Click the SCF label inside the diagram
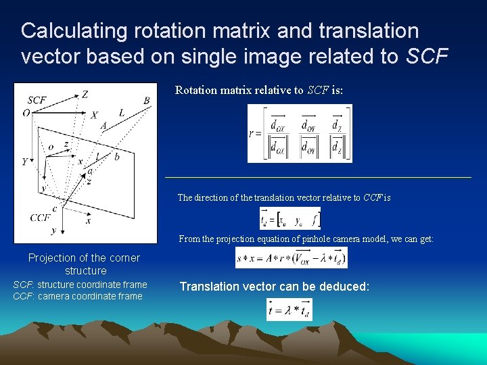(x=37, y=100)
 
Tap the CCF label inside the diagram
(x=40, y=218)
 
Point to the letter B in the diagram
(x=147, y=101)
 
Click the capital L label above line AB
(x=122, y=113)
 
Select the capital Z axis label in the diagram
(x=85, y=95)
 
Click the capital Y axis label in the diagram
(x=25, y=162)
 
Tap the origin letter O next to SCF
(x=26, y=113)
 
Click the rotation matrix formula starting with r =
(x=300, y=134)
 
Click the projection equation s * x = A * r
(x=292, y=258)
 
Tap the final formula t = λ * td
(x=289, y=309)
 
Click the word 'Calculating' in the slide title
(x=74, y=31)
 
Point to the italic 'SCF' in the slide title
(x=427, y=57)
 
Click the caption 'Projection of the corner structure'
(x=85, y=264)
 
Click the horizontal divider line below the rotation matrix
(x=318, y=177)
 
